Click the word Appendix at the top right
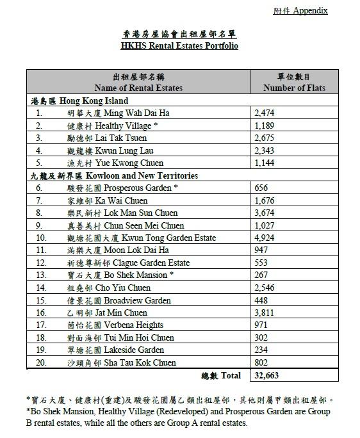(x=312, y=11)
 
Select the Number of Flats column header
(x=294, y=88)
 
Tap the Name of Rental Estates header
(x=138, y=88)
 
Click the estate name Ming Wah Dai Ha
(x=136, y=113)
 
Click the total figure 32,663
(x=266, y=376)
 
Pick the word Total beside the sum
(x=231, y=376)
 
